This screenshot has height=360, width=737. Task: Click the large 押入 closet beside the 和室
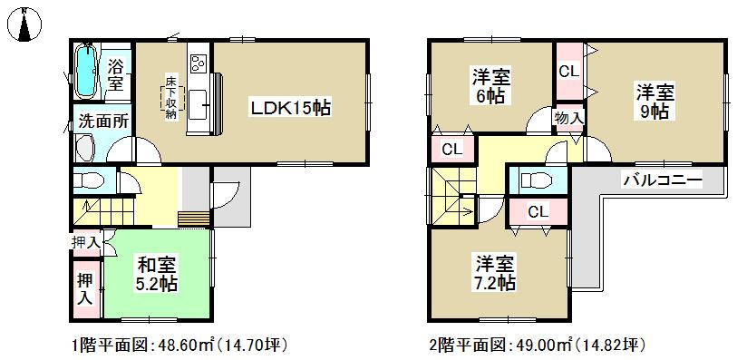coord(85,288)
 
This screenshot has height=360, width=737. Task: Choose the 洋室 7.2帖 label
coord(495,273)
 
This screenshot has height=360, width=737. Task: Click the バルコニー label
coord(662,180)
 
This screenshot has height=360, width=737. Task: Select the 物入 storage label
coord(568,118)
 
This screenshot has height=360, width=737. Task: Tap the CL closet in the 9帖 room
coord(568,70)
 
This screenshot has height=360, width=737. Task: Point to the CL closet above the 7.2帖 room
coord(536,211)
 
